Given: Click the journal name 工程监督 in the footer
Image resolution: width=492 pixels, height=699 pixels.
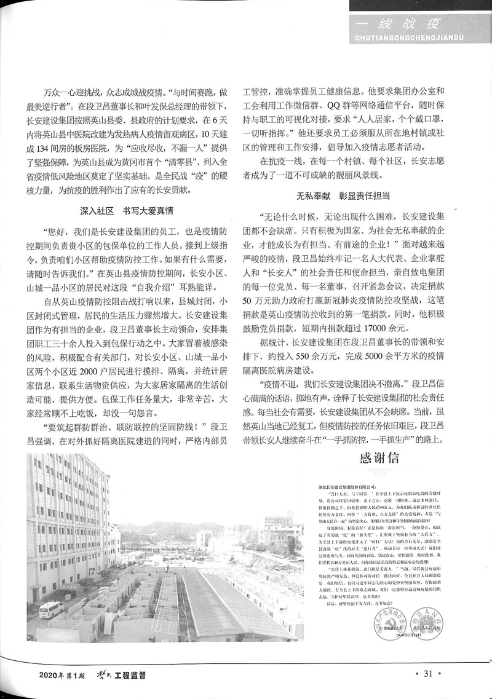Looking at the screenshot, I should pos(128,677).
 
